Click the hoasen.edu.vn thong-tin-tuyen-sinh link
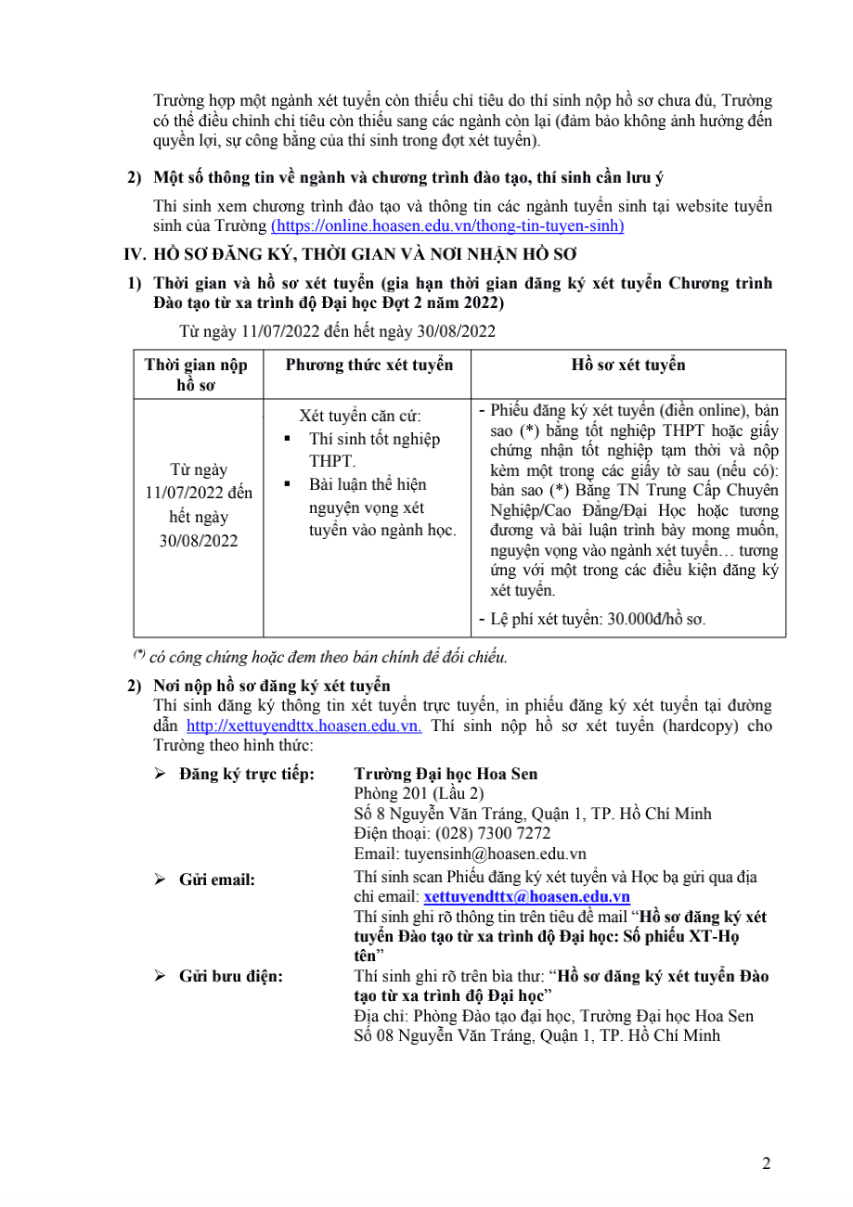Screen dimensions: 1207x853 447,225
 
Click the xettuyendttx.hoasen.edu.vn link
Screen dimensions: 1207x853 304,725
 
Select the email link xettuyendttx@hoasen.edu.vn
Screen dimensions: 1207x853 526,896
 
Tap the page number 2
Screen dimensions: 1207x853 766,1164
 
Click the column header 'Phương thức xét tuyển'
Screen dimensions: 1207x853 368,365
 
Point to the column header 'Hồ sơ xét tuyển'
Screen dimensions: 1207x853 628,365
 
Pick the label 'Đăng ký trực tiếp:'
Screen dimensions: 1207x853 246,774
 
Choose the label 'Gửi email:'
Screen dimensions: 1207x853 216,879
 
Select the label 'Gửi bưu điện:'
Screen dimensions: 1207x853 231,976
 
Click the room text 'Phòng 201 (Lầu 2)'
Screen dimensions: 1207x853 419,793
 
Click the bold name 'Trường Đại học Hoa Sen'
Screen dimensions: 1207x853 446,774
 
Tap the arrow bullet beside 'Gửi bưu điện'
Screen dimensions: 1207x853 160,976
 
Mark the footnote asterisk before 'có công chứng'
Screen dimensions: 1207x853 139,655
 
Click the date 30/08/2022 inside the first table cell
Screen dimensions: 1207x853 198,541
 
